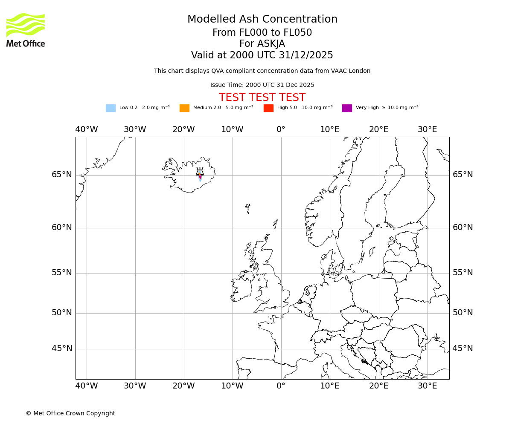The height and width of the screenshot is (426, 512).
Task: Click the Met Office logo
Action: pos(26,30)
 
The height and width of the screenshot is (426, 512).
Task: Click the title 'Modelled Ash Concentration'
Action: pos(262,20)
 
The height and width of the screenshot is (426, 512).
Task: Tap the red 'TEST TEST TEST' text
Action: pos(262,98)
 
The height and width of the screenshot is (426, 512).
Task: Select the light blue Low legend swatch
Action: pos(111,108)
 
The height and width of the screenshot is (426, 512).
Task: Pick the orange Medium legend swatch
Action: pos(184,108)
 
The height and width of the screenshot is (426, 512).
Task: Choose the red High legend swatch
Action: pos(268,108)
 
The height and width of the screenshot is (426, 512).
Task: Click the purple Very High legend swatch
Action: pos(347,108)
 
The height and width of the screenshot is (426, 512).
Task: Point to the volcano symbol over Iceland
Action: pos(200,172)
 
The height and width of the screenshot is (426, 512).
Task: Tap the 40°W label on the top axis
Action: pos(86,130)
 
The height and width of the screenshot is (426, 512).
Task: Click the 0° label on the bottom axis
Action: pos(281,386)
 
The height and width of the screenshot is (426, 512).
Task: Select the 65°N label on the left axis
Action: pos(62,175)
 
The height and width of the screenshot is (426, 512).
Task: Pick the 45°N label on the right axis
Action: pos(463,348)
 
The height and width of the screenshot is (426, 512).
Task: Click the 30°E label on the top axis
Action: pos(427,130)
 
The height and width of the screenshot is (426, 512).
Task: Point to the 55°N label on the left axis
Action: pos(62,273)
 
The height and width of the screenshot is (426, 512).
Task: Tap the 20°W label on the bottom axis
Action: pos(183,386)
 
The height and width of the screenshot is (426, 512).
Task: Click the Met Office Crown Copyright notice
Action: pos(70,414)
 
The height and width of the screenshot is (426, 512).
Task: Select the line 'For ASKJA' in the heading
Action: pos(262,44)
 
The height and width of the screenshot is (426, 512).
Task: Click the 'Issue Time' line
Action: pos(262,85)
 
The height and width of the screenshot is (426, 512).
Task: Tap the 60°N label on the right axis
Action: pos(463,227)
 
